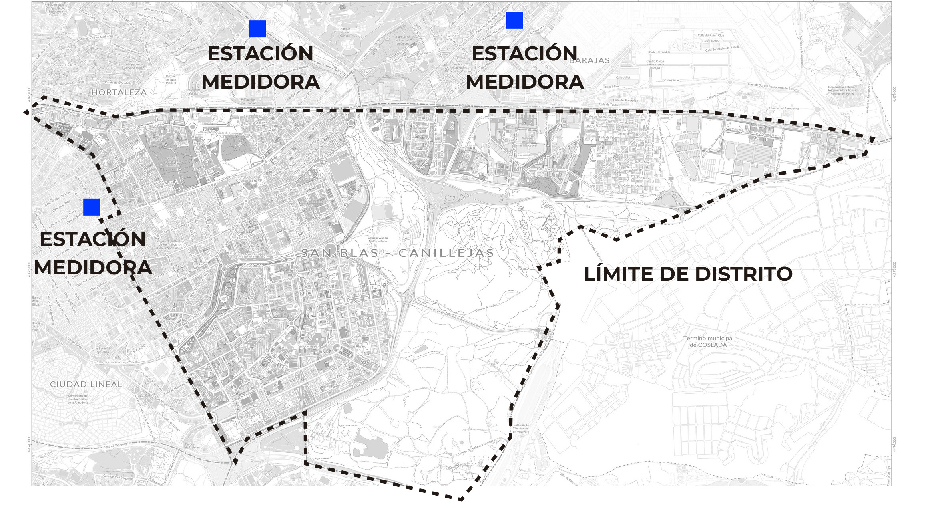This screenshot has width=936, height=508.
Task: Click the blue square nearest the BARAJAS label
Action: (514, 20)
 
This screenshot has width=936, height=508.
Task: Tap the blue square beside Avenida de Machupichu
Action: (257, 29)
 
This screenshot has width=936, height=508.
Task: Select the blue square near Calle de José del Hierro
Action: (92, 207)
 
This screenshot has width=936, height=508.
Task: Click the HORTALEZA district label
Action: (119, 92)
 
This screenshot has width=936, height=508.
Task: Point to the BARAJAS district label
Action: (589, 60)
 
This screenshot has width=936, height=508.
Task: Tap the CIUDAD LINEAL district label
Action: (86, 384)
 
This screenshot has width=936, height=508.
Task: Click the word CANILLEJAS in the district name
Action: (446, 253)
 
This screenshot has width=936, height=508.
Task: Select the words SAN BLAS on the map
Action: (339, 253)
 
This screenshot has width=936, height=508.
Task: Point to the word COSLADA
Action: (713, 345)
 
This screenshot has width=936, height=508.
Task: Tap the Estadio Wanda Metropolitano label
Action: (378, 240)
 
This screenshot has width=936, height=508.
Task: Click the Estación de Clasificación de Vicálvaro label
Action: (521, 429)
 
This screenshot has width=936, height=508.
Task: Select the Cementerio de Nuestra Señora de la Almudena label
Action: (77, 399)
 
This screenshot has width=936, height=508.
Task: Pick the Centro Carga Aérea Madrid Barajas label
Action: (655, 65)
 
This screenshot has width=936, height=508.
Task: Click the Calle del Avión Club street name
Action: (711, 36)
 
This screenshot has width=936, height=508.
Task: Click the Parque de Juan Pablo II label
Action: (171, 80)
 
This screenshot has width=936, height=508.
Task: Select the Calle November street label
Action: (659, 52)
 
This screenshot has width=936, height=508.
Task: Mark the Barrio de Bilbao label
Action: (103, 350)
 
